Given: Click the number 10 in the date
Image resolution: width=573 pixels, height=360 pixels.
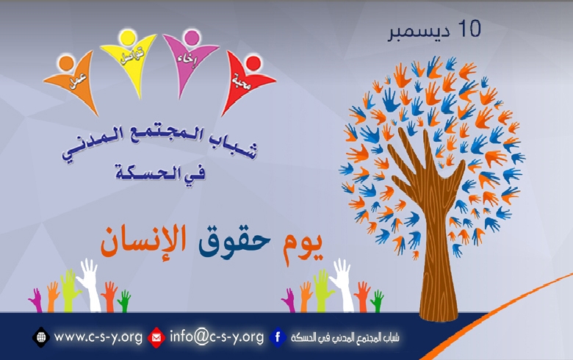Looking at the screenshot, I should tap(469, 30).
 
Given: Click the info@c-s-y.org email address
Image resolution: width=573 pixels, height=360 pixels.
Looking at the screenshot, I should tap(215, 337).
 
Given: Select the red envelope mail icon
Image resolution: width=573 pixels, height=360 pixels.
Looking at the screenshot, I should tap(156, 337).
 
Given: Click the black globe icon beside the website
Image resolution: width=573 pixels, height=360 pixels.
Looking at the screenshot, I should tap(40, 337).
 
